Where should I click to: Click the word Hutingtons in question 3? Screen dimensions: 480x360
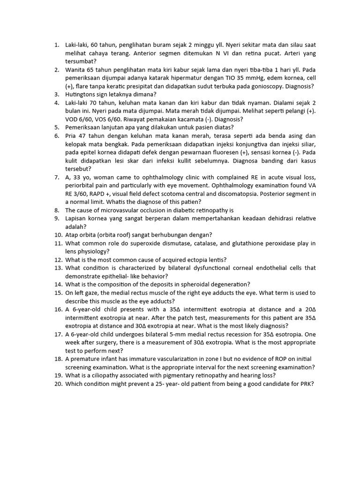[x=82, y=94]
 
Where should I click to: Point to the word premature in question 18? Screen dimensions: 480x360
[x=86, y=359]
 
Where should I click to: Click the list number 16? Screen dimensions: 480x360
[x=58, y=309]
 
